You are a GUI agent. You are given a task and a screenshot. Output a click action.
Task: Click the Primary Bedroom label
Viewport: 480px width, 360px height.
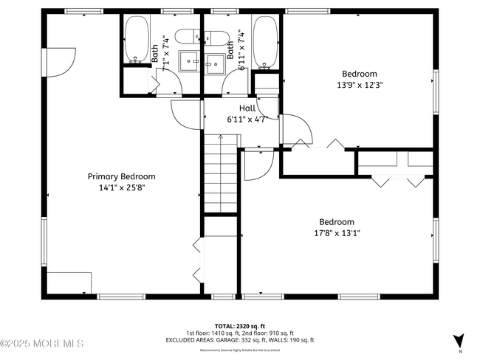(122, 176)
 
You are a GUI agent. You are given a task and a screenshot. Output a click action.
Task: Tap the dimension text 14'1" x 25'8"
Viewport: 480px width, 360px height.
(122, 187)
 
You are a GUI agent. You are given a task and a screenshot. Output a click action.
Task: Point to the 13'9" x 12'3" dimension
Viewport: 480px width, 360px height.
(360, 85)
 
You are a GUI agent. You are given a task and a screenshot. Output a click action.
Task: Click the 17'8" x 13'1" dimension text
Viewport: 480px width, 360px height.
(336, 233)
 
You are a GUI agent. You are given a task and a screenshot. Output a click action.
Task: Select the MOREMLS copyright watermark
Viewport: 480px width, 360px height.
(42, 343)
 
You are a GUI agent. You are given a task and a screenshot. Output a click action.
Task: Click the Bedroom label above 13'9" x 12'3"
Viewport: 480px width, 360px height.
(360, 74)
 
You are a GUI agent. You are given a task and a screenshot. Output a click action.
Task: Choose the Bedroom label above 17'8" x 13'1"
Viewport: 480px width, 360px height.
(336, 222)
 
